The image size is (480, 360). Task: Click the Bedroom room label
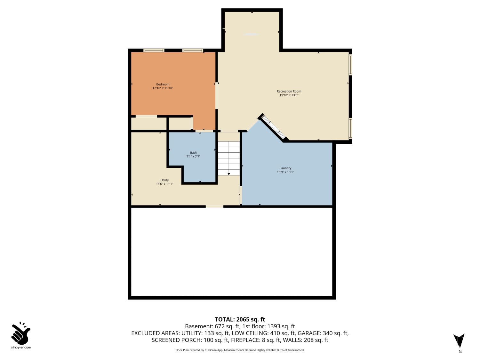pos(163,84)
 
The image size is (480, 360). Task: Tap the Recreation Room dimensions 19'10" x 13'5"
pos(289,95)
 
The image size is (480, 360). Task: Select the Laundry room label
pos(285,168)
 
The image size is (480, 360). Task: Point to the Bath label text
pos(193,153)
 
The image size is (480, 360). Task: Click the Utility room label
pos(164,180)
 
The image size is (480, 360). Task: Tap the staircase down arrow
pos(228,173)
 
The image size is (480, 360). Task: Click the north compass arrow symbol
pos(459,341)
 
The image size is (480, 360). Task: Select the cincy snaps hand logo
pos(20,333)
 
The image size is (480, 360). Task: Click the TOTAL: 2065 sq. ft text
pos(240,319)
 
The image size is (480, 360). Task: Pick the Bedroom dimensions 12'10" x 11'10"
pos(163,88)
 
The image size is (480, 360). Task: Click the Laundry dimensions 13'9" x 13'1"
pos(285,172)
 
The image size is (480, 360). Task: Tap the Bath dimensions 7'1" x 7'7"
pos(193,157)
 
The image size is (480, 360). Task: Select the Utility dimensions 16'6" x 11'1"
pos(164,184)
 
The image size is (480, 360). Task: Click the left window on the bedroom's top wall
pos(154,50)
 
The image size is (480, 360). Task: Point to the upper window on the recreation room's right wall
pos(350,65)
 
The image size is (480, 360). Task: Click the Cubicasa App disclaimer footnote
pos(240,350)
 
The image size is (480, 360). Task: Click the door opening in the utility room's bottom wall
pos(214,206)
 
